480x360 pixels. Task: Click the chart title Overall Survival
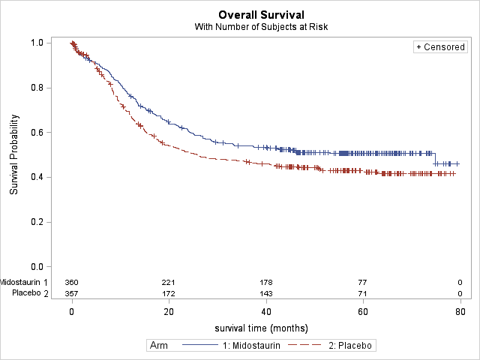coord(262,15)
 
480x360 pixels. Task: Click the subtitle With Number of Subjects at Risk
coord(262,27)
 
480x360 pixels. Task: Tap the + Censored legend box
coord(440,47)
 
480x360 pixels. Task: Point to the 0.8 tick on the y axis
coord(35,88)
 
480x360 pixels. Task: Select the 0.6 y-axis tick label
coord(35,133)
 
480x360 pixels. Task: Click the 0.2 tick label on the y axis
coord(35,222)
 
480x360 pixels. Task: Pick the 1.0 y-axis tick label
coord(35,43)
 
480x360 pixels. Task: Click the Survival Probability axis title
coord(14,154)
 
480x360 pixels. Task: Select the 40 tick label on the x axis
coord(266,312)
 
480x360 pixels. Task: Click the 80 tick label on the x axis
coord(460,312)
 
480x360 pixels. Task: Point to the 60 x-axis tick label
coord(363,312)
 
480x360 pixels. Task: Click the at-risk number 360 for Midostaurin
coord(72,282)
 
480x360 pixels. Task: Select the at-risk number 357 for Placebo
coord(72,293)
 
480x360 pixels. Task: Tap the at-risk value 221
coord(169,282)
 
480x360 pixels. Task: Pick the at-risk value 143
coord(266,293)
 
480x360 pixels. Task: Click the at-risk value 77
coord(363,282)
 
